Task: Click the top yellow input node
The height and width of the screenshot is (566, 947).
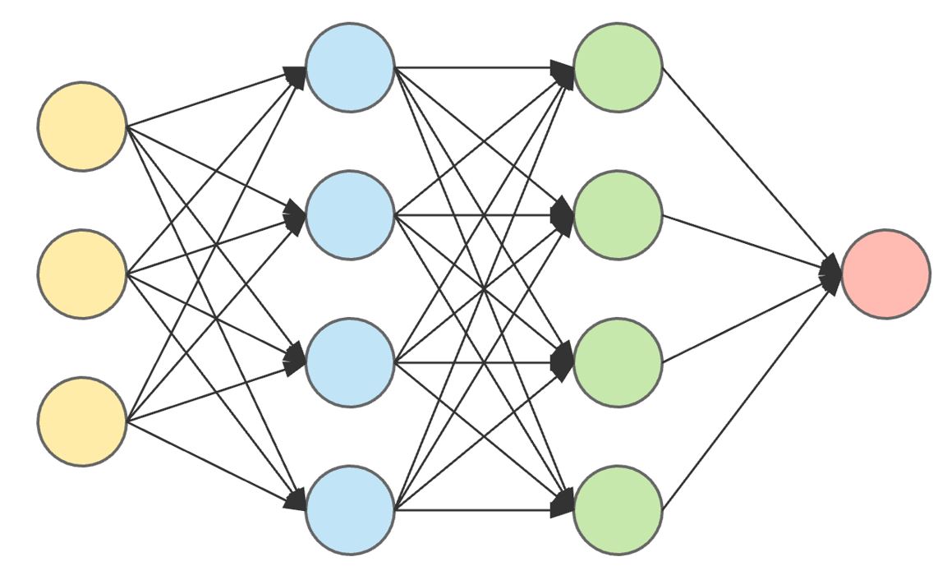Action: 82,127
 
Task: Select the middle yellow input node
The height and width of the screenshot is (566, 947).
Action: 82,274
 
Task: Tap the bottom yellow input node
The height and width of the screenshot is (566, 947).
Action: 82,421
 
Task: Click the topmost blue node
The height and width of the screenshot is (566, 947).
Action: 350,67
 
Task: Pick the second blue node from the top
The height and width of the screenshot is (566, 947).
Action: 350,215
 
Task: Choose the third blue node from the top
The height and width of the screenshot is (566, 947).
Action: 350,362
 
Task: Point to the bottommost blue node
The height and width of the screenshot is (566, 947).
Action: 350,510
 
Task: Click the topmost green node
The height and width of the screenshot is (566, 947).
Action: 618,67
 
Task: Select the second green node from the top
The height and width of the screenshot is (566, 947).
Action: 618,215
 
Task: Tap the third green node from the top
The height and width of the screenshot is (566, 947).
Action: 618,362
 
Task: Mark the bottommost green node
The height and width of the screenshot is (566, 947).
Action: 618,510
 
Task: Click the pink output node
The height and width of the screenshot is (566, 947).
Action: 885,274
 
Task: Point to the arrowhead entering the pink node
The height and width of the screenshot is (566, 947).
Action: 831,274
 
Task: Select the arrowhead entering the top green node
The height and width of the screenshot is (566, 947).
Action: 563,72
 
